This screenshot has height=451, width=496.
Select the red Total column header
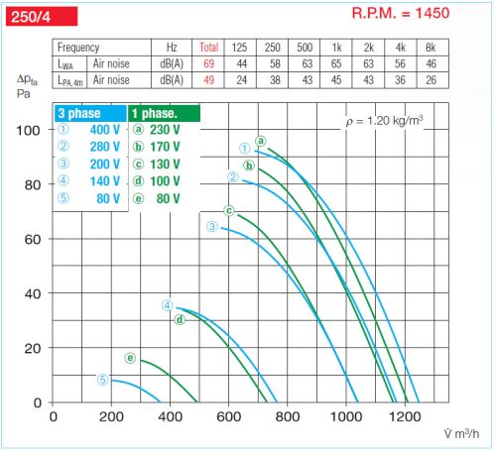tap(208, 47)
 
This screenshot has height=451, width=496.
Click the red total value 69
tap(208, 62)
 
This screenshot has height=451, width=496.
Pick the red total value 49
tap(208, 79)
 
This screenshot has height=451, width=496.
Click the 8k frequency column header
tap(430, 47)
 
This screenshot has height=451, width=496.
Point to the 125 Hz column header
tap(239, 47)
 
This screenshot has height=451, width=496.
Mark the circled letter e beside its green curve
tap(130, 358)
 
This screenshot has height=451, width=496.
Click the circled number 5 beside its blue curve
tap(102, 379)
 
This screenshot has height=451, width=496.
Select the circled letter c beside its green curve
tap(228, 210)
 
